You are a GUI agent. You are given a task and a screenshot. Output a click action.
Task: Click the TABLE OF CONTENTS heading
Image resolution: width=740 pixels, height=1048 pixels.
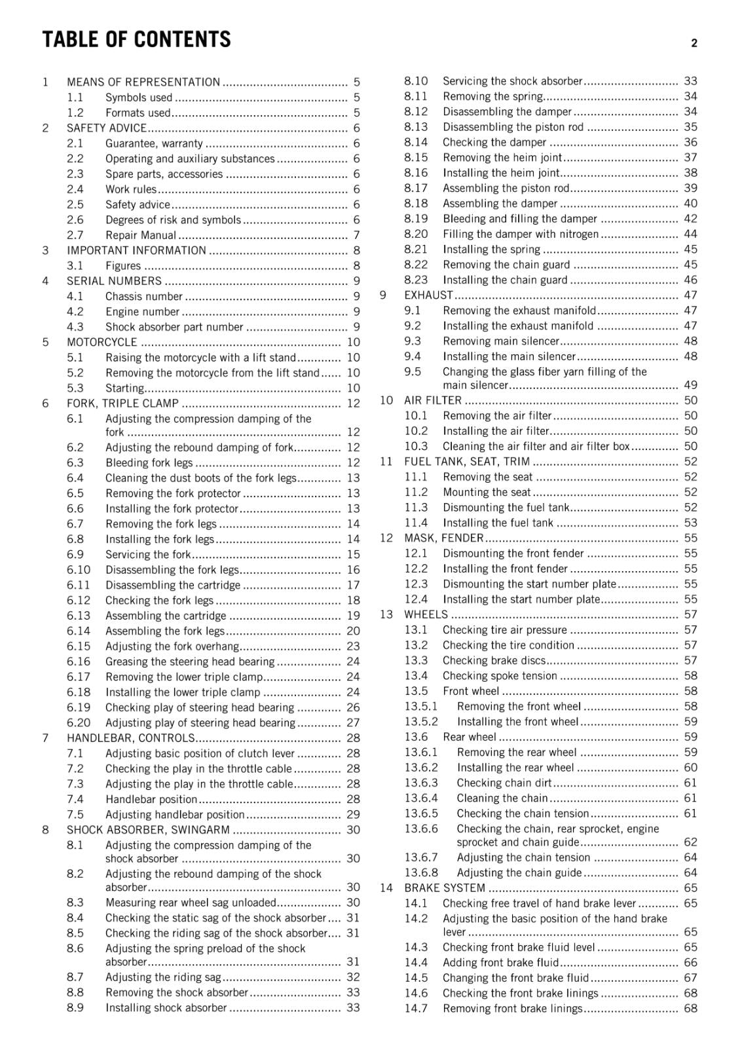tap(136, 40)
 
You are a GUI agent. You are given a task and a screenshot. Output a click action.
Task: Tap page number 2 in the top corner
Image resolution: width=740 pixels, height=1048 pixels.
tap(694, 44)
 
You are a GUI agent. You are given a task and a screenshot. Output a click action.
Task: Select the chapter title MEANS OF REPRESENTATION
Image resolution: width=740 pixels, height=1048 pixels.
tap(143, 82)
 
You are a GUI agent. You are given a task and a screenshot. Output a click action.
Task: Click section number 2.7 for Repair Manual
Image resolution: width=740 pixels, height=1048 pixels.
tap(75, 235)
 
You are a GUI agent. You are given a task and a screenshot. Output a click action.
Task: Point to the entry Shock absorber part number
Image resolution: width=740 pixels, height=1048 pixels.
tap(174, 327)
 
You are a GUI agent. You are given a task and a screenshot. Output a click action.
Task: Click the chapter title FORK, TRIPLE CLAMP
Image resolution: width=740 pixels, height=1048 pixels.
tap(122, 403)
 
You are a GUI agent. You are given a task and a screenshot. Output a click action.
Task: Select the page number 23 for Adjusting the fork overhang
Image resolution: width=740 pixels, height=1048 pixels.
tap(353, 646)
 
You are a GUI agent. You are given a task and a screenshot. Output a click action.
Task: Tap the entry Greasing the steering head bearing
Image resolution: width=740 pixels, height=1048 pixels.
tap(190, 662)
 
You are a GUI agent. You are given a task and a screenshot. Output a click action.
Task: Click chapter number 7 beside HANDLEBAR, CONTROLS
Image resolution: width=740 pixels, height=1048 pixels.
tap(45, 738)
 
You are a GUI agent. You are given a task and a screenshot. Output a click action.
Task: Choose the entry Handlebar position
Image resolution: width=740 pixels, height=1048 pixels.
tap(151, 799)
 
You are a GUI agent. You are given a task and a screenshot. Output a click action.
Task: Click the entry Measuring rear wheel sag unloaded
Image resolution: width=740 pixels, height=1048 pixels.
tap(191, 903)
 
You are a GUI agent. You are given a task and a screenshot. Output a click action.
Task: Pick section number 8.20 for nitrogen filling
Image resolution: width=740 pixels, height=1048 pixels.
tap(416, 234)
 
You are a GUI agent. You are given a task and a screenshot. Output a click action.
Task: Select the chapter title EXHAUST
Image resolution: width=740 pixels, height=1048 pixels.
tap(428, 295)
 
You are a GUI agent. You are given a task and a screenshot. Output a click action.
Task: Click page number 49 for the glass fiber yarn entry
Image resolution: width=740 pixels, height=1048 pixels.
tap(690, 385)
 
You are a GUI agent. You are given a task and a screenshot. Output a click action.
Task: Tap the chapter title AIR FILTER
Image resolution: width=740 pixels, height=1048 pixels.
tap(433, 400)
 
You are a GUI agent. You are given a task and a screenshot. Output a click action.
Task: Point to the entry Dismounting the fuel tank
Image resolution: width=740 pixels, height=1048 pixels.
tap(506, 508)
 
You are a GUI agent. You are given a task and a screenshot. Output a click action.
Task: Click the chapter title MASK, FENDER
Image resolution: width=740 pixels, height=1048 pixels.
tap(443, 538)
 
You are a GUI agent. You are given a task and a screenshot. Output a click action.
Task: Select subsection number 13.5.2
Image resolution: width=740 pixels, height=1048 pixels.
tap(420, 722)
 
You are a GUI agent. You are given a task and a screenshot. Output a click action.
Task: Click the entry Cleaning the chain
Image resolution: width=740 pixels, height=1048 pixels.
tap(502, 798)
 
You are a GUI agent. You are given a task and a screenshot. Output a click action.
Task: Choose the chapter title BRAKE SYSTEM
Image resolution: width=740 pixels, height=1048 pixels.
tap(445, 888)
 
